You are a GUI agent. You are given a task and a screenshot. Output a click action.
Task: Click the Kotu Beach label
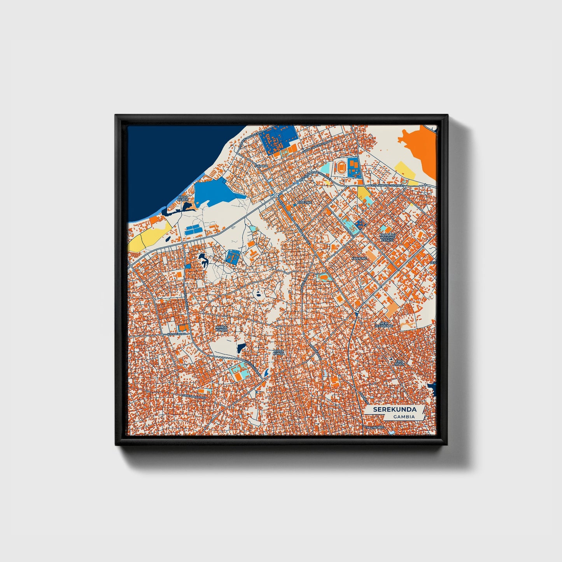pyautogui.click(x=182, y=198)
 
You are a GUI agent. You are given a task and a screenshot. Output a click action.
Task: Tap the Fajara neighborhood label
pyautogui.click(x=261, y=166)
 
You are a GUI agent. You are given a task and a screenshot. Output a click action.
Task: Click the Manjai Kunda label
pyautogui.click(x=221, y=329)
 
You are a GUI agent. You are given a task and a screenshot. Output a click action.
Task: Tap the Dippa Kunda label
pyautogui.click(x=278, y=352)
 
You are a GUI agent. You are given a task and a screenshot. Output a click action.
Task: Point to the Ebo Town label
pyautogui.click(x=399, y=363)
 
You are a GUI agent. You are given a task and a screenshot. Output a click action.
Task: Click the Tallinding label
pyautogui.click(x=375, y=427)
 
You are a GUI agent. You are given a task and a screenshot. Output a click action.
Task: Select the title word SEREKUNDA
pyautogui.click(x=394, y=410)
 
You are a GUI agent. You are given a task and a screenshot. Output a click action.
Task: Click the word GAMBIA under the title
pyautogui.click(x=403, y=417)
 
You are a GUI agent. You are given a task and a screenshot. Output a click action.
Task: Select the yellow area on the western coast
pyautogui.click(x=150, y=235)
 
